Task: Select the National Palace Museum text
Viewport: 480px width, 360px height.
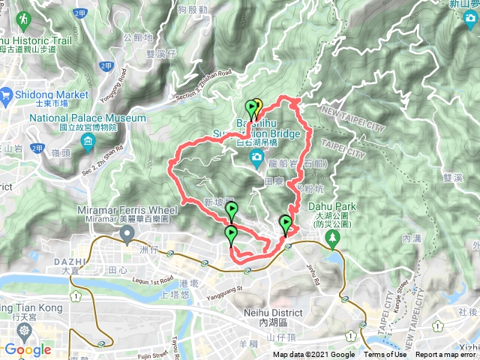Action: click(88, 118)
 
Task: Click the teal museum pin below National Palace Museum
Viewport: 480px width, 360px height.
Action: click(88, 142)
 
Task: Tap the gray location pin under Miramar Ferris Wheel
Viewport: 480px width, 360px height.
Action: click(127, 235)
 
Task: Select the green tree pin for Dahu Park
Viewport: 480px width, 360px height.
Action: click(332, 238)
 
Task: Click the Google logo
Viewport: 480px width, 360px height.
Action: click(27, 349)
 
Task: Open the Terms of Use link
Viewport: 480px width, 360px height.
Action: click(385, 355)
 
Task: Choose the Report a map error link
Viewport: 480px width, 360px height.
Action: click(447, 355)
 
